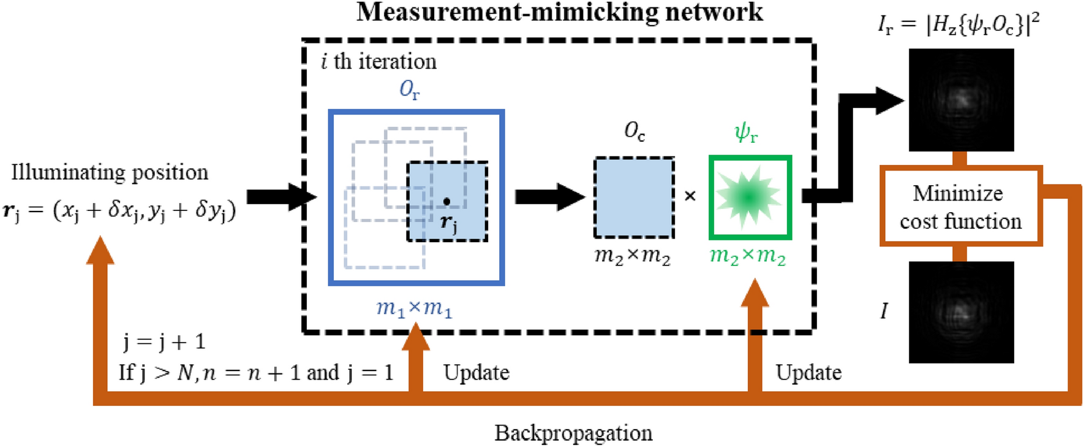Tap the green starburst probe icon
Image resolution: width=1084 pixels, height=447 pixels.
[750, 197]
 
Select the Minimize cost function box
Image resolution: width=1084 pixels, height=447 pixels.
[960, 206]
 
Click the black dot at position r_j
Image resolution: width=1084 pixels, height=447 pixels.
[447, 201]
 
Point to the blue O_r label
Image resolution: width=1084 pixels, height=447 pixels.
[410, 90]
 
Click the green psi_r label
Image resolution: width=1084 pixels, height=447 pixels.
[746, 132]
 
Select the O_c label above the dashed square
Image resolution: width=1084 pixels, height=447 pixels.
[634, 131]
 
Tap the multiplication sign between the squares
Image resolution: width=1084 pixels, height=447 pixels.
[690, 196]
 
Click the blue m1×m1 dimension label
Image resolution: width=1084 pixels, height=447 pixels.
[414, 307]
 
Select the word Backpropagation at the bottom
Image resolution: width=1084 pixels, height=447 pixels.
[573, 433]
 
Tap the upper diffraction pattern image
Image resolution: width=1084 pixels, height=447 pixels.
[960, 100]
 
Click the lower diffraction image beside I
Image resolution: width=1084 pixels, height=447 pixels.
[960, 312]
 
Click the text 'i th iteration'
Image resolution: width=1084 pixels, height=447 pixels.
[378, 61]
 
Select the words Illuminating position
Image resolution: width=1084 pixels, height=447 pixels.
[110, 172]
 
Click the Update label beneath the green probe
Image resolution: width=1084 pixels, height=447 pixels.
[808, 372]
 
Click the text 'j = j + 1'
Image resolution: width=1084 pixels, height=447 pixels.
[164, 342]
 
